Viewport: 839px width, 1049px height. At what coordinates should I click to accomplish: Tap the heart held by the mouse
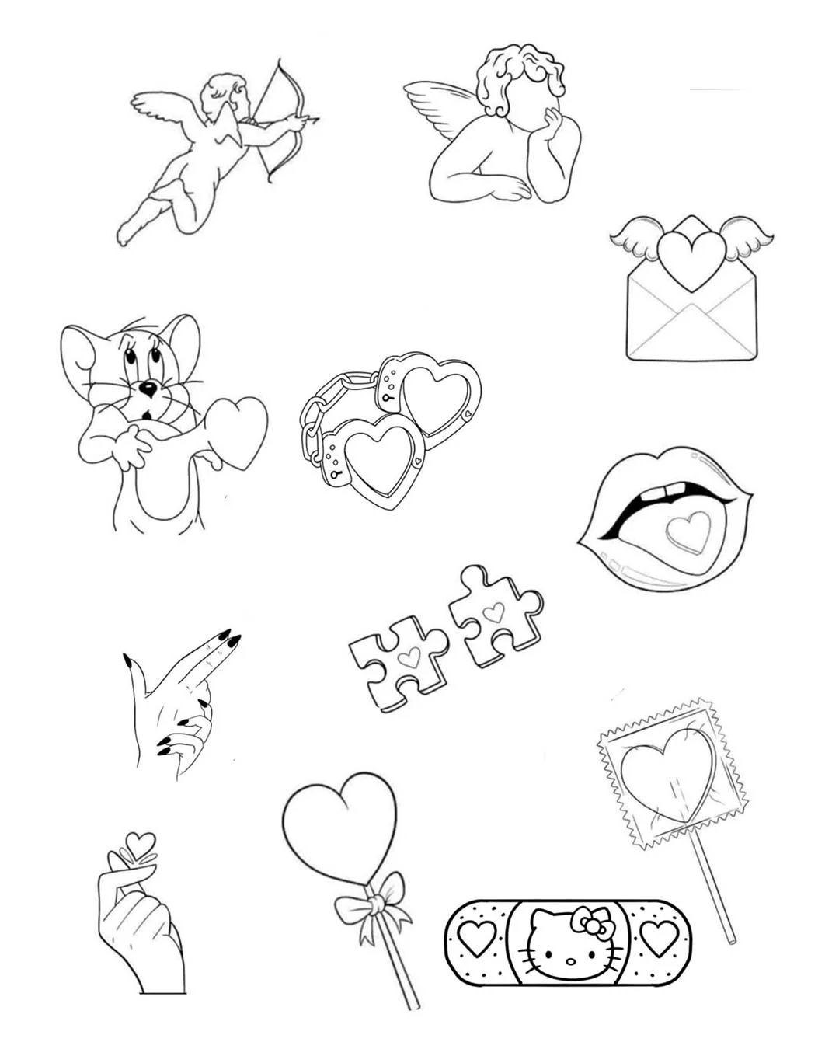click(238, 431)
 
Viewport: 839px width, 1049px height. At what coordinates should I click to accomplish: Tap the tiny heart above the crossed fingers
click(140, 844)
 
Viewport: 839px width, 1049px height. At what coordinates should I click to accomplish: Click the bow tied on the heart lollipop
click(375, 904)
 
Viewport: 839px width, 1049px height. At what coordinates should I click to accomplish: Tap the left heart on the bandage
click(475, 938)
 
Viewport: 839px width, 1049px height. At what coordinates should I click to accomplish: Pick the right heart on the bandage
click(658, 938)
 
